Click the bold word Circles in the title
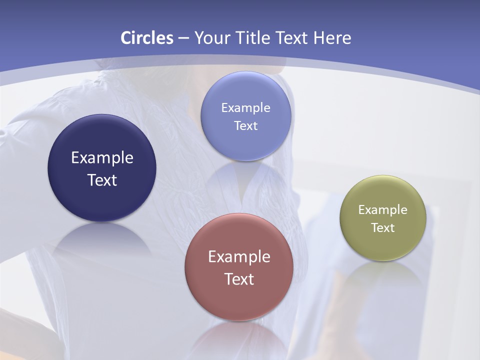pyautogui.click(x=147, y=38)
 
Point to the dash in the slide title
pyautogui.click(x=183, y=38)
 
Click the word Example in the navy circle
pyautogui.click(x=102, y=158)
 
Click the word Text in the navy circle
pyautogui.click(x=102, y=180)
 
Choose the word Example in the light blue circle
pyautogui.click(x=245, y=108)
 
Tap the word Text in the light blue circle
pyautogui.click(x=245, y=126)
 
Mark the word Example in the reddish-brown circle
pyautogui.click(x=239, y=257)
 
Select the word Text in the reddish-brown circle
pyautogui.click(x=239, y=279)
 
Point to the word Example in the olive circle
pyautogui.click(x=383, y=210)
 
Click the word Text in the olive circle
pyautogui.click(x=383, y=228)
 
